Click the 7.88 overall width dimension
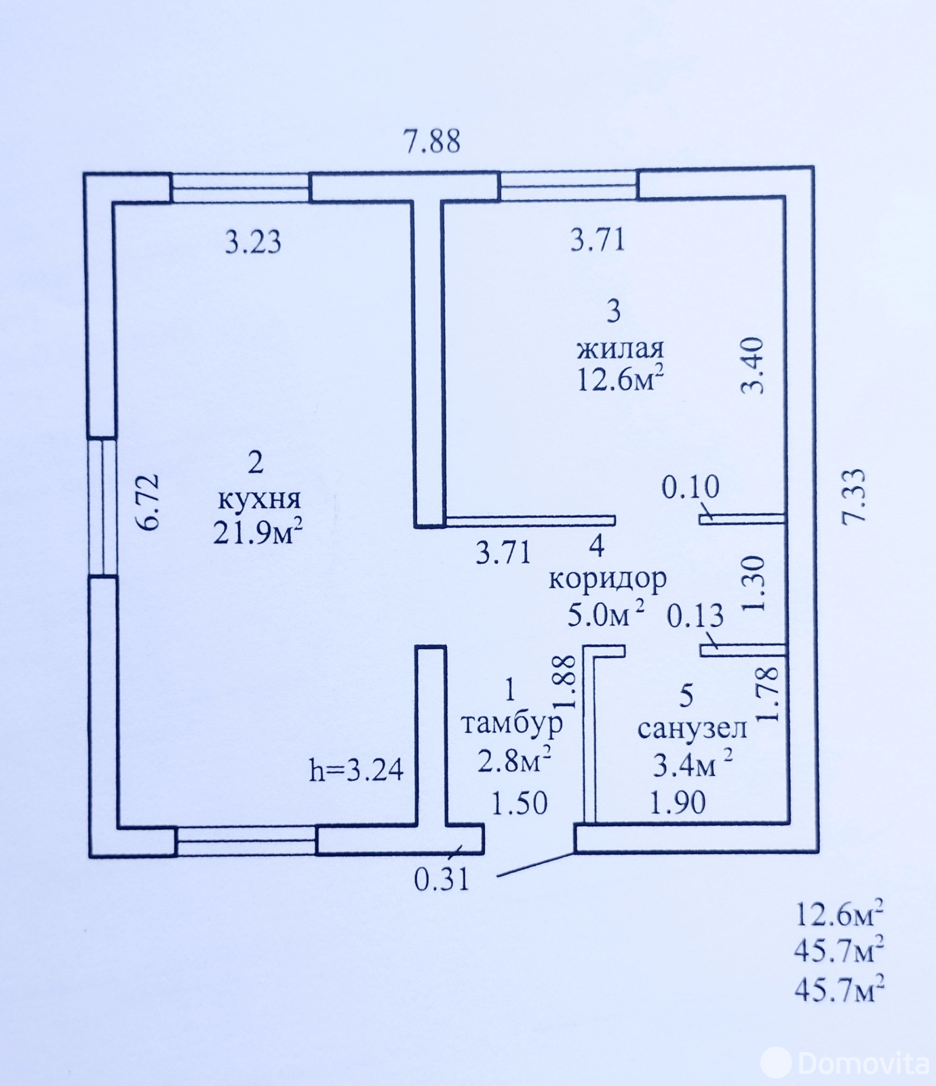[431, 141]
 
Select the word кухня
[259, 500]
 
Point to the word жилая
[620, 349]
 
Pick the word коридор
[608, 579]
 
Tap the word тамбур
[512, 724]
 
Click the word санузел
[692, 728]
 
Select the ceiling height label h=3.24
[356, 770]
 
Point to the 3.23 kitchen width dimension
[253, 242]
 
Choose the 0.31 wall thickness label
[442, 880]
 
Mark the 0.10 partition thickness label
[690, 487]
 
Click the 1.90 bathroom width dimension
[678, 803]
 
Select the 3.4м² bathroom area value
[693, 764]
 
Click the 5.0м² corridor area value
[606, 614]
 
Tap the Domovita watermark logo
[844, 1062]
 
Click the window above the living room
[568, 185]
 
